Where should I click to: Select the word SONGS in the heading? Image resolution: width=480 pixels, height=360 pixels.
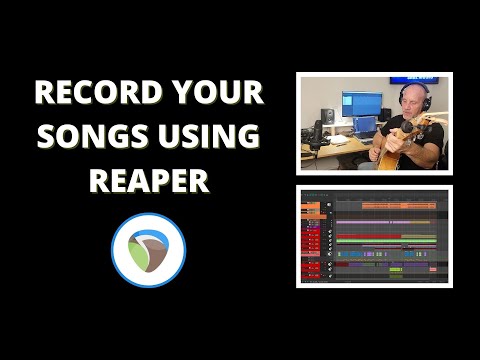coord(92,137)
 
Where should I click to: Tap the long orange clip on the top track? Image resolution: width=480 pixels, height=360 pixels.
coord(399,205)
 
